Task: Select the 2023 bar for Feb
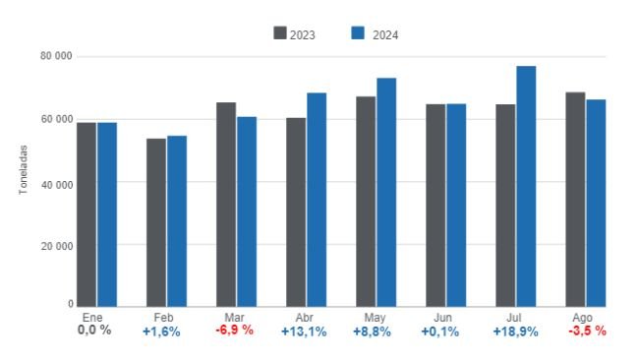pyautogui.click(x=156, y=222)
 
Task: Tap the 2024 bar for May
pyautogui.click(x=386, y=192)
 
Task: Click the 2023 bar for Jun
pyautogui.click(x=436, y=206)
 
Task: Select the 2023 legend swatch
pyautogui.click(x=279, y=33)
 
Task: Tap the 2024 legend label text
pyautogui.click(x=385, y=34)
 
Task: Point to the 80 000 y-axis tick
pyautogui.click(x=55, y=56)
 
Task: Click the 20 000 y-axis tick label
pyautogui.click(x=55, y=245)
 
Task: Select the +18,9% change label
pyautogui.click(x=514, y=331)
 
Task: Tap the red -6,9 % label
pyautogui.click(x=234, y=330)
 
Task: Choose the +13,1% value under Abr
pyautogui.click(x=304, y=331)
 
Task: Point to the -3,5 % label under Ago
pyautogui.click(x=586, y=330)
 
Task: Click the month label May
pyautogui.click(x=374, y=318)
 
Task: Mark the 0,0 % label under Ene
pyautogui.click(x=94, y=330)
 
